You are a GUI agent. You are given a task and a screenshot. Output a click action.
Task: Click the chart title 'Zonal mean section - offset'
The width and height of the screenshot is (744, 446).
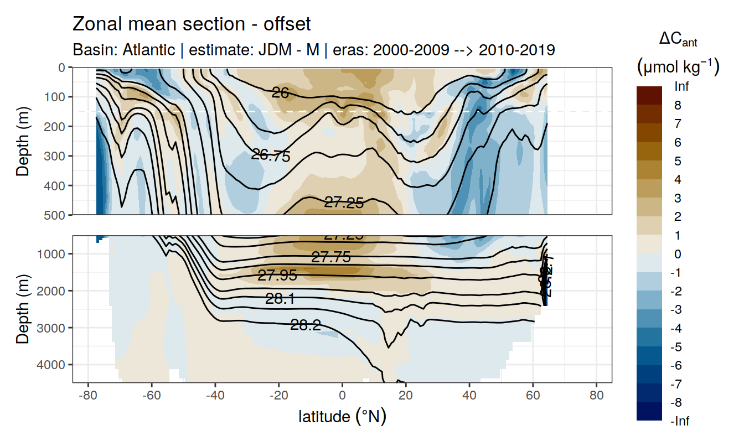pyautogui.click(x=192, y=24)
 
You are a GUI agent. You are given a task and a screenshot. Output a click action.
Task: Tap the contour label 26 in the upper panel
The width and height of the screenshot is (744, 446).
pyautogui.click(x=281, y=94)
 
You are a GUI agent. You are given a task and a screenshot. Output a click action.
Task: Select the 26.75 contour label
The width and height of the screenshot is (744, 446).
pyautogui.click(x=271, y=155)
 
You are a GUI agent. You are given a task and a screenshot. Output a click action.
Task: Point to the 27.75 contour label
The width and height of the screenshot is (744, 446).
pyautogui.click(x=331, y=257)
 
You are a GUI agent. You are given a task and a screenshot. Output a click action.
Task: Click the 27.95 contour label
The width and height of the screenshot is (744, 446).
pyautogui.click(x=277, y=275)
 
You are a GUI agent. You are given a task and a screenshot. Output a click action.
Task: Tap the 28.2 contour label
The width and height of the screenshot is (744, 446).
pyautogui.click(x=306, y=325)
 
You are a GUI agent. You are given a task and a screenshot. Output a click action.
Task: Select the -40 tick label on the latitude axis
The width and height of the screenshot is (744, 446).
pyautogui.click(x=215, y=396)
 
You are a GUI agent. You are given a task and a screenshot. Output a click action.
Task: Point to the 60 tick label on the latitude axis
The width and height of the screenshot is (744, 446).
pyautogui.click(x=533, y=396)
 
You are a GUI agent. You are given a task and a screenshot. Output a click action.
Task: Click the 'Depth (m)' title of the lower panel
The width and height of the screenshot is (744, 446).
pyautogui.click(x=23, y=309)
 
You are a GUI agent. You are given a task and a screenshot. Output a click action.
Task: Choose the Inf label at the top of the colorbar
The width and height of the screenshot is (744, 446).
pyautogui.click(x=681, y=86)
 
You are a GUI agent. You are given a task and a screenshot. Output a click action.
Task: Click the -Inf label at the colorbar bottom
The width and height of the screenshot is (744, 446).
pyautogui.click(x=680, y=422)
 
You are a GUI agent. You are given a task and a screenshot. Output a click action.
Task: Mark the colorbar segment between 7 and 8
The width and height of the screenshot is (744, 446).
pyautogui.click(x=649, y=114)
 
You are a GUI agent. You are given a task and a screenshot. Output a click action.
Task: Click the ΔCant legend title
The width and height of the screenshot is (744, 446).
pyautogui.click(x=678, y=39)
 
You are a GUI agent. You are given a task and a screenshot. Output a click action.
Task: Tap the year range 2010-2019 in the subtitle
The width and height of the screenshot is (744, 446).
pyautogui.click(x=516, y=50)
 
